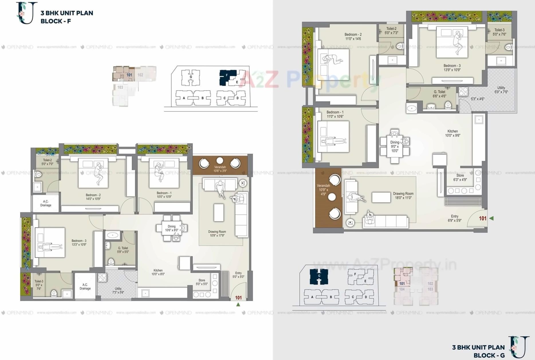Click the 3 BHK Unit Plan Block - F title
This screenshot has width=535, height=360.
click(x=66, y=17)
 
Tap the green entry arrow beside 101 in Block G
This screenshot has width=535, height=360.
click(x=491, y=218)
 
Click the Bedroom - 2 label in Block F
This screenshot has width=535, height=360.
click(x=93, y=197)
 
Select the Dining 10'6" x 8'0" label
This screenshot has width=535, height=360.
click(x=172, y=228)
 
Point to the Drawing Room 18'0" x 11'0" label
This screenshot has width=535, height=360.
click(x=403, y=196)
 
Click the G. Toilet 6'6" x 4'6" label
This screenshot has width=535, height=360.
click(x=439, y=94)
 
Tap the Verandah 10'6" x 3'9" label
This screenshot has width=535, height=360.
click(x=220, y=169)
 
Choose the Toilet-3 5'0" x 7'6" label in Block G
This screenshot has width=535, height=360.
click(x=499, y=32)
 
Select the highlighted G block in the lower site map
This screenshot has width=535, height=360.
click(x=319, y=276)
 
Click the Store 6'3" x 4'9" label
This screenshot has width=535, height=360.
click(x=460, y=178)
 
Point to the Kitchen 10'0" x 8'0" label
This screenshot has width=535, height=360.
click(x=158, y=272)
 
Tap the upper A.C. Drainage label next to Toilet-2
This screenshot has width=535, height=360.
click(x=46, y=203)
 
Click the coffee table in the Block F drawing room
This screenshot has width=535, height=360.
click(x=219, y=212)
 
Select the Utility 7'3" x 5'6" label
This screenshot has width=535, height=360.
click(x=118, y=290)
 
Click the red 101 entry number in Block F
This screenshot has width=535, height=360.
click(x=238, y=298)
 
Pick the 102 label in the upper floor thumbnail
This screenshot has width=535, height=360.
click(x=140, y=75)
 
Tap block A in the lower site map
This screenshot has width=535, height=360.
click(x=312, y=297)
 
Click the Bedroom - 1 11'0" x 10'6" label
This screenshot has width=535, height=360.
click(x=335, y=114)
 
